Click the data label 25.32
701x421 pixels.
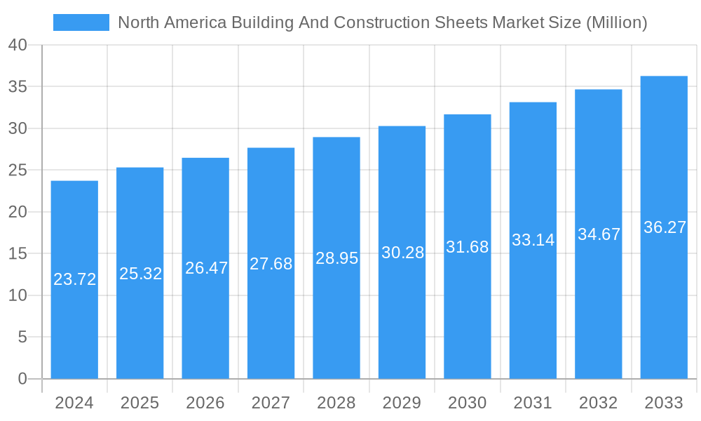coord(140,274)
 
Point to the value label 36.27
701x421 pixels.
coord(665,227)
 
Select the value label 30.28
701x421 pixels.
coord(402,253)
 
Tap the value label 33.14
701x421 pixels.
coord(533,240)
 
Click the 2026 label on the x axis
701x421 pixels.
coord(205,403)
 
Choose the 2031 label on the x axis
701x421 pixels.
coord(533,403)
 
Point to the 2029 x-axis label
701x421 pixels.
coord(402,403)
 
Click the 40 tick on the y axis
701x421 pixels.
coord(18,46)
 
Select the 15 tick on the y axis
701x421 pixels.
coord(18,254)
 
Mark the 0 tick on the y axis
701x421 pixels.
coord(22,379)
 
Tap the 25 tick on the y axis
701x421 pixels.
coord(18,171)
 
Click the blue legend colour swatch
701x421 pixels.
coord(81,22)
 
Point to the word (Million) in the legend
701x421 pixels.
coord(616,22)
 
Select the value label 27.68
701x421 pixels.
coord(271,264)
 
